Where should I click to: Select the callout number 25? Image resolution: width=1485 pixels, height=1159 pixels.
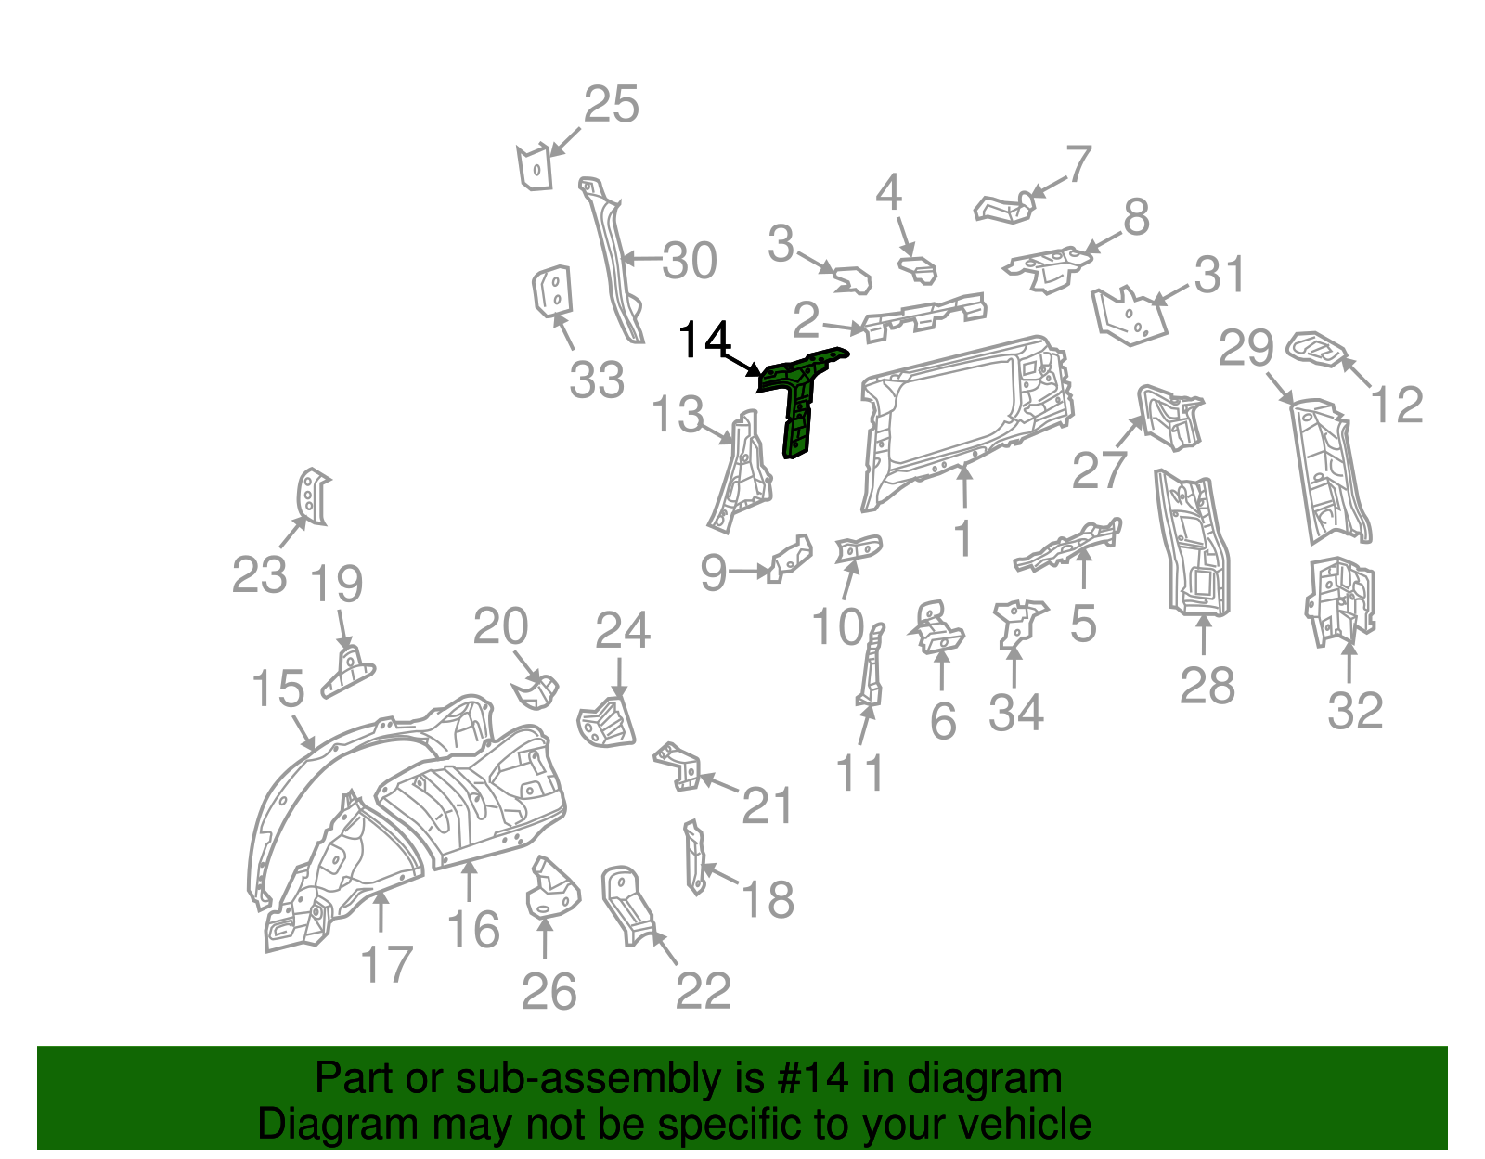pos(612,105)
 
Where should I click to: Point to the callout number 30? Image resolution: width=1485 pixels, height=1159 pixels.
pos(690,261)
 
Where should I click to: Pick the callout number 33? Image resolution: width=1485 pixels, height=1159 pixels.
pos(597,380)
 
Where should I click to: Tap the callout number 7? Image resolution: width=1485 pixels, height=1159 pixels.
pos(1078,165)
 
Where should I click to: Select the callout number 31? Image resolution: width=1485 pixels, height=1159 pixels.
pos(1220,276)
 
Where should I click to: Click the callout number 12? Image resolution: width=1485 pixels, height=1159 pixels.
pos(1397,406)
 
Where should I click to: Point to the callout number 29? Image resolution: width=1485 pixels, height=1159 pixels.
pos(1246,349)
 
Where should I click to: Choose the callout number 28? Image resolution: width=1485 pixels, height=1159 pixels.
pos(1207,687)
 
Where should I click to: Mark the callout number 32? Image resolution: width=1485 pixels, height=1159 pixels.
pos(1355,711)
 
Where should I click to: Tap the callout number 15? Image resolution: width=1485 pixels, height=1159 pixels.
pos(278,689)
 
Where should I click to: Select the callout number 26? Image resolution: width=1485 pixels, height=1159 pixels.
pos(549,992)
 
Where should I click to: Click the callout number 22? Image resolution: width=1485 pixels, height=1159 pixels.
pos(703,992)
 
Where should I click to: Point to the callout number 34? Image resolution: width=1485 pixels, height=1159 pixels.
pos(1016,713)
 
